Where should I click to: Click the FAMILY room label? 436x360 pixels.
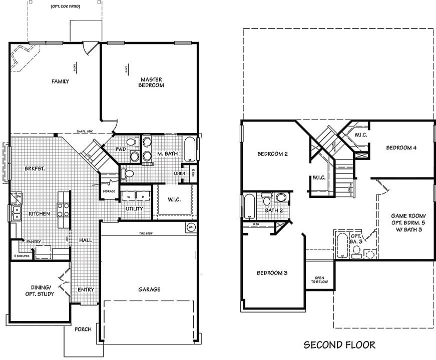pos(60,81)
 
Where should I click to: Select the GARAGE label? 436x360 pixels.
pos(149,289)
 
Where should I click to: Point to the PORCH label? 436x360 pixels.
pos(83,329)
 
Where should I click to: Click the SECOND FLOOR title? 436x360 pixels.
pos(339,344)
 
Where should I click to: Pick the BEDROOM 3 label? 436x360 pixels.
pos(272,273)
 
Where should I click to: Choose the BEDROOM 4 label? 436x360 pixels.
pos(401,148)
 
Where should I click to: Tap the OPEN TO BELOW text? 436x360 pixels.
pos(319,280)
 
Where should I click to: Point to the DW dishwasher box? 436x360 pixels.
pos(19,196)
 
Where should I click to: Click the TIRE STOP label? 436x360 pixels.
pos(146,233)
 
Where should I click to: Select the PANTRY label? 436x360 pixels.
pos(34,242)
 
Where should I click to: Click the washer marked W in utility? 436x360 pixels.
pos(128,197)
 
